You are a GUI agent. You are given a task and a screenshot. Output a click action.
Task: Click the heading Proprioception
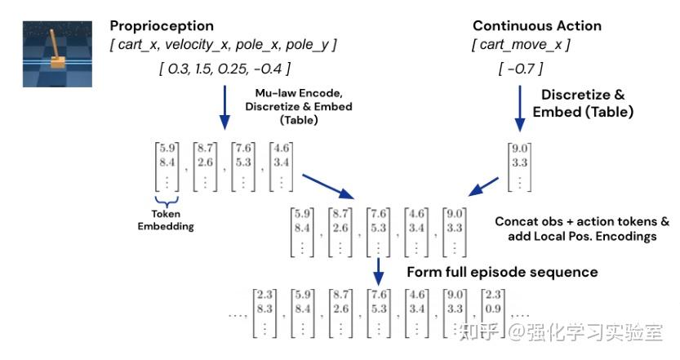tap(162, 26)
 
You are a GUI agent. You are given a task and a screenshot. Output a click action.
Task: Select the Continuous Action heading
tap(537, 26)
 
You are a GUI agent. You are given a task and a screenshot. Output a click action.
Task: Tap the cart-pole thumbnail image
tap(57, 54)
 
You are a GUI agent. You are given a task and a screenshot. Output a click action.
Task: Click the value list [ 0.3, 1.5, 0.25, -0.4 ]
tap(224, 69)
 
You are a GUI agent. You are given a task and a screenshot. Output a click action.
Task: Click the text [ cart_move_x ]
tap(521, 45)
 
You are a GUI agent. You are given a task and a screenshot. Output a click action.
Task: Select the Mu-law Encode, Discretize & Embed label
tap(299, 106)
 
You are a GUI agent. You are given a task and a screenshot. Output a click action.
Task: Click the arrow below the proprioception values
tap(224, 108)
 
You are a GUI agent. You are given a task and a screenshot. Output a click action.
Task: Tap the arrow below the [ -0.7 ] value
tap(519, 109)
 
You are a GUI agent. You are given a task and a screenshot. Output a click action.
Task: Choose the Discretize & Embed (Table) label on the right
tap(583, 103)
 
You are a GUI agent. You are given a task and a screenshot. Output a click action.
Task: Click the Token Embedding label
tap(166, 220)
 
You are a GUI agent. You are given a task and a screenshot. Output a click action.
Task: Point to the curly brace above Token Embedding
tap(167, 201)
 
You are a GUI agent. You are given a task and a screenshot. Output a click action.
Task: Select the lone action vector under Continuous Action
tap(519, 167)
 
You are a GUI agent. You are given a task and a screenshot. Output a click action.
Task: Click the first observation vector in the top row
tap(167, 167)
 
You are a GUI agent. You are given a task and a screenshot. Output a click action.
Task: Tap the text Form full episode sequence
tap(502, 272)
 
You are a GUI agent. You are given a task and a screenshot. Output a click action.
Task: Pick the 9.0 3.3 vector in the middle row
tap(455, 233)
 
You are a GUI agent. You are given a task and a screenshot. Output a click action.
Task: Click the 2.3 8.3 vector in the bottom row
tap(264, 313)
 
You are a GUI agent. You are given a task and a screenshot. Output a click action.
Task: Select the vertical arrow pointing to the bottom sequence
tap(379, 273)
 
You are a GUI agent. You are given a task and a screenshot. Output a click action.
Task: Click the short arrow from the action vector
tap(483, 186)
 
